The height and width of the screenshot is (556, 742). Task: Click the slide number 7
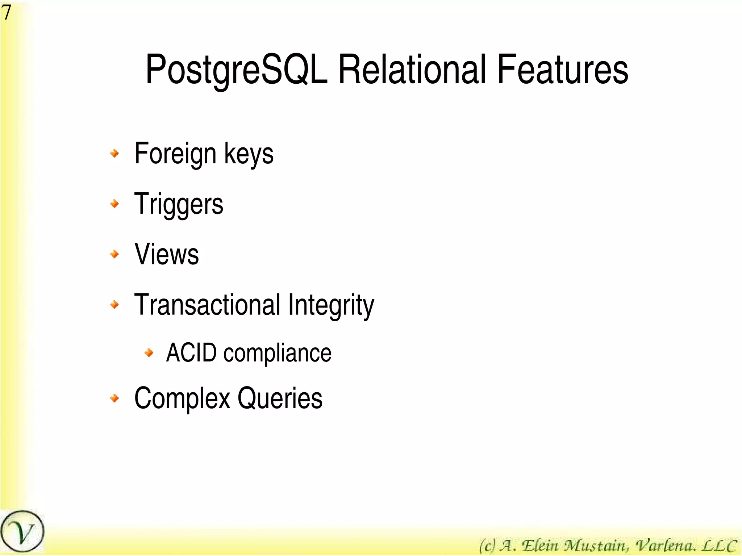(x=6, y=12)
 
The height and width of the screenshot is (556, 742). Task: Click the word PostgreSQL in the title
(x=236, y=70)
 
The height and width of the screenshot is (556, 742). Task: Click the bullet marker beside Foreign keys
(x=114, y=153)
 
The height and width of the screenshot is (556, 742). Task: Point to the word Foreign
(x=175, y=154)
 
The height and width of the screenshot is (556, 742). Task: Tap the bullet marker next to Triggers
(x=114, y=204)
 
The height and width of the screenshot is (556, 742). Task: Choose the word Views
(x=167, y=254)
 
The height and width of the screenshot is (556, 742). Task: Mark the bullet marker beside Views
(x=114, y=254)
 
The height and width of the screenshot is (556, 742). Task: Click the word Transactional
(x=207, y=305)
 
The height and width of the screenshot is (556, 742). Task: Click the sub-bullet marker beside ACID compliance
(x=149, y=352)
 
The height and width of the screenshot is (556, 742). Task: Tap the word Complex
(x=182, y=398)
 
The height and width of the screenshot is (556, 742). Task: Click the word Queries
(x=280, y=398)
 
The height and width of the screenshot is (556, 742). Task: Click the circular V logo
(x=22, y=532)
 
